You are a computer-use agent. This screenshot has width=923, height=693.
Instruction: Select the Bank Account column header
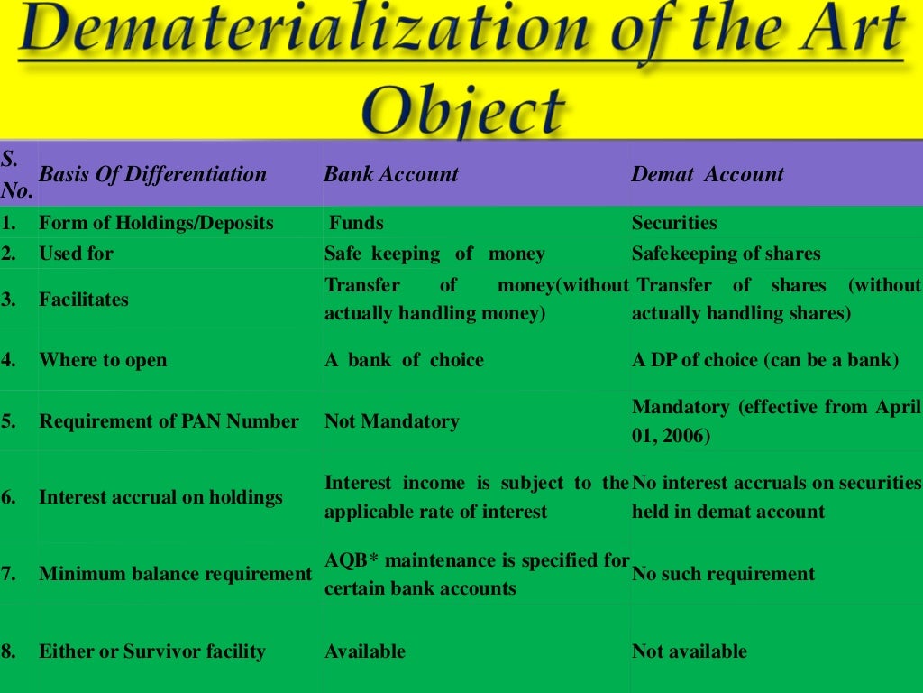(x=391, y=174)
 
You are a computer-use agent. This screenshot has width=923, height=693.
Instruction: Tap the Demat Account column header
(x=708, y=174)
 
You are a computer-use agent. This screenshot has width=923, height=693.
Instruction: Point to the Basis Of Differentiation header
(x=153, y=174)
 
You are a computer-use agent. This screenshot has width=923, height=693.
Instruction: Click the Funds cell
(x=356, y=223)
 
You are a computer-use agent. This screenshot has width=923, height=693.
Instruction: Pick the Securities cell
(x=674, y=223)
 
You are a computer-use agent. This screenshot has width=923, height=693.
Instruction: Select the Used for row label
(x=76, y=254)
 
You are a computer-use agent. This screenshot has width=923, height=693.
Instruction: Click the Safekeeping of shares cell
(x=726, y=254)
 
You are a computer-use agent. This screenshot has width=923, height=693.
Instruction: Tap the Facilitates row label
(x=84, y=300)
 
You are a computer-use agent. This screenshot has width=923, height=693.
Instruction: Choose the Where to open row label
(x=103, y=360)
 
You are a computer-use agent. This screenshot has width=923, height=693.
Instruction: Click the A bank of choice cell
(x=404, y=360)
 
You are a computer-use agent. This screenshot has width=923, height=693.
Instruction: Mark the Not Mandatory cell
(x=391, y=421)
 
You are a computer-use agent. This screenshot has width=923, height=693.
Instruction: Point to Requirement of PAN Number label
(x=169, y=421)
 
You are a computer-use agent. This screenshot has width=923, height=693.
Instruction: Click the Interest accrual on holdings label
(x=160, y=497)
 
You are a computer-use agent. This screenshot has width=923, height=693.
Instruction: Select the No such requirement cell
(x=723, y=574)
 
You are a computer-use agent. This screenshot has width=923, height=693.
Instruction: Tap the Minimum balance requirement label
(x=175, y=574)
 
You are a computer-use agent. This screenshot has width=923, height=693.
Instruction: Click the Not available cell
(x=690, y=651)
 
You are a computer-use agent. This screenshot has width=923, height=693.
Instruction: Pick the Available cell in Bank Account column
(x=364, y=651)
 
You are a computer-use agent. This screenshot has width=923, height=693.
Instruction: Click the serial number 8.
(x=8, y=651)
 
